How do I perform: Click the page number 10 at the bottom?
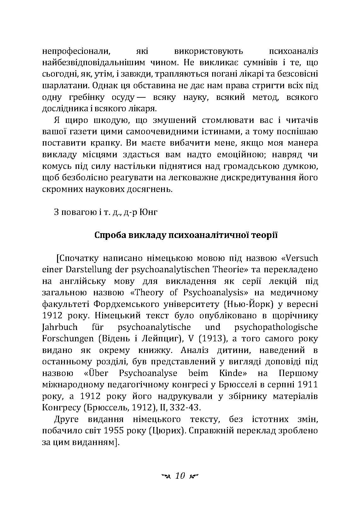tap(180, 476)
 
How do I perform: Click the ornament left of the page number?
tap(165, 476)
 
